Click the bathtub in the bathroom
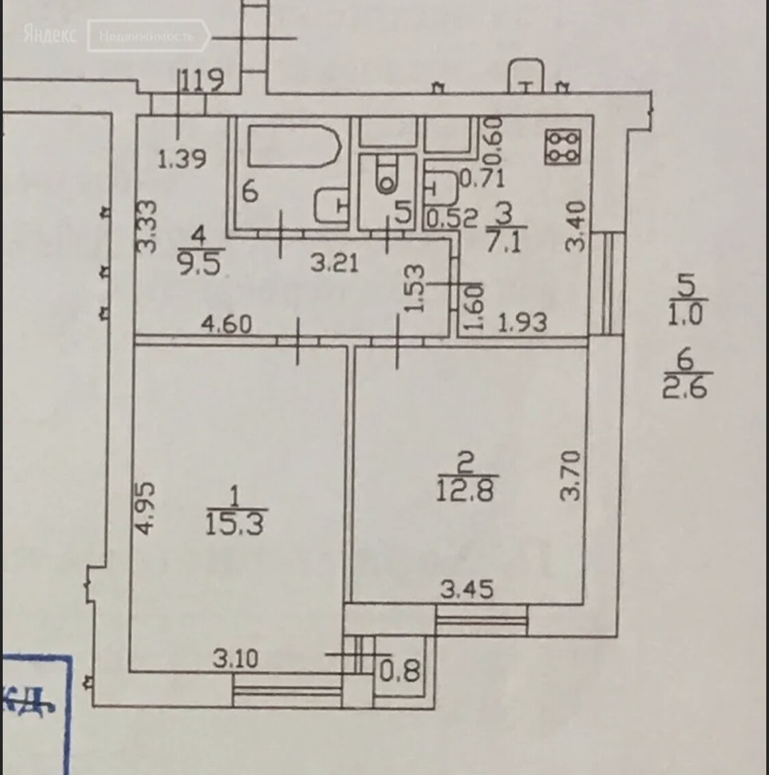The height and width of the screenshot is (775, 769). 294,146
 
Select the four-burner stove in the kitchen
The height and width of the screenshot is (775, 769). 562,147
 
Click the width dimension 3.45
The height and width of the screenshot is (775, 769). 467,588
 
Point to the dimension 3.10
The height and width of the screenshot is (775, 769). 236,659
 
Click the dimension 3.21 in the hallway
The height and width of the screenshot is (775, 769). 334,262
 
